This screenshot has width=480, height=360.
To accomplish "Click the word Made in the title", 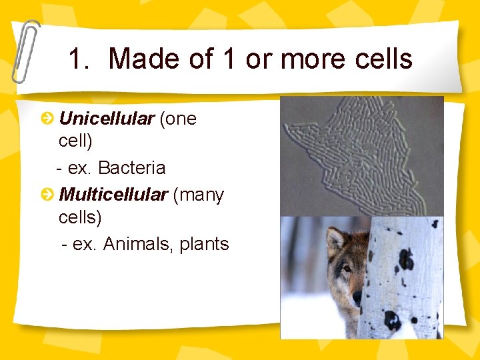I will pyautogui.click(x=143, y=59).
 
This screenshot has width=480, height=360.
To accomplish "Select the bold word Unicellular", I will pyautogui.click(x=107, y=119).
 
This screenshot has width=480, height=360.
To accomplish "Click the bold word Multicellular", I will pyautogui.click(x=113, y=195).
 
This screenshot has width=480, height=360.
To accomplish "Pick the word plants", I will pyautogui.click(x=204, y=244).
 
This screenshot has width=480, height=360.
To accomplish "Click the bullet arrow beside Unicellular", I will pyautogui.click(x=47, y=119).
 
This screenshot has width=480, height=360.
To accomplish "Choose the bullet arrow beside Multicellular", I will pyautogui.click(x=47, y=195).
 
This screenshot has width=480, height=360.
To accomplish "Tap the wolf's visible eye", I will pyautogui.click(x=347, y=268).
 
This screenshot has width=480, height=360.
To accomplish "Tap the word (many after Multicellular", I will pyautogui.click(x=198, y=195).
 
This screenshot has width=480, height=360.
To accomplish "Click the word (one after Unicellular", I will pyautogui.click(x=177, y=119).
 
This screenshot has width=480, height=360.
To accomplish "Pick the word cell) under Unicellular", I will pyautogui.click(x=75, y=141).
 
